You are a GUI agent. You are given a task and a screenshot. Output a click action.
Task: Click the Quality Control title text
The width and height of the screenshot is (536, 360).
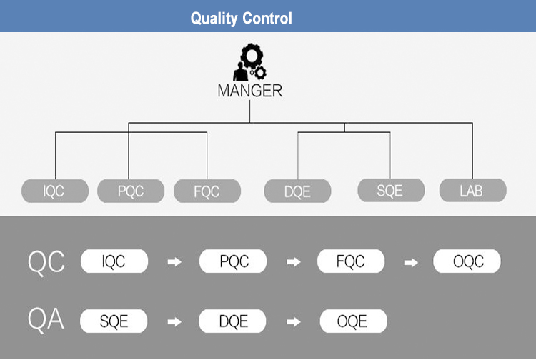coord(242,18)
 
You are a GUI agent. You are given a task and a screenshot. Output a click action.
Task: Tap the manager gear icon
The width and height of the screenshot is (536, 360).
coord(249,63)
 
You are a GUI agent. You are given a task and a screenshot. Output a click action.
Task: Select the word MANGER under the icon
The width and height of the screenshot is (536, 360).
coord(249,91)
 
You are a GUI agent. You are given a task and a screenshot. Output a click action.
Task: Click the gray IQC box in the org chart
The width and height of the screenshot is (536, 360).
coord(55,191)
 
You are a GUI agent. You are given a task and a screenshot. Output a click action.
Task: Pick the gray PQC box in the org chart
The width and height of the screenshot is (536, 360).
coord(131,191)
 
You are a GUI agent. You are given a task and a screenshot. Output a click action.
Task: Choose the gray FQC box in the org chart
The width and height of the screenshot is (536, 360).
coord(207,191)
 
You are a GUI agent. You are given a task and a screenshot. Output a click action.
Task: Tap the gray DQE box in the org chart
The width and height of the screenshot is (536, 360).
coord(298,191)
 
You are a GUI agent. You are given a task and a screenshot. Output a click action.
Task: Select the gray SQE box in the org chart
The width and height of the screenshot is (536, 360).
coord(390,190)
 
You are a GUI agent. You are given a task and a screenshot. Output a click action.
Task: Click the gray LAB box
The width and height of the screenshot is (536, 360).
coord(472,190)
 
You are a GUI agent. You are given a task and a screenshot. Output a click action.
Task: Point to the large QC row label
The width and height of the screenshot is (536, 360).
coord(46,262)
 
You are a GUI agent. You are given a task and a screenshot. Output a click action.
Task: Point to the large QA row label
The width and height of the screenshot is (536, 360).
coord(46,320)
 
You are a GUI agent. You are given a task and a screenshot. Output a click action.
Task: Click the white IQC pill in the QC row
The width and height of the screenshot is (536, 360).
coord(114,261)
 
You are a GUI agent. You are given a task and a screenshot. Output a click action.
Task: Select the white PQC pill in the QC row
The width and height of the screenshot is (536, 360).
coord(233,261)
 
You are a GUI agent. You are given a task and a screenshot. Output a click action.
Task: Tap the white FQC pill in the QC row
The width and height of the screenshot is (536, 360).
coord(351,261)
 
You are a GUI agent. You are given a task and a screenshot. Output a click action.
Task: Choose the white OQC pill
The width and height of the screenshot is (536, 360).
coord(467,261)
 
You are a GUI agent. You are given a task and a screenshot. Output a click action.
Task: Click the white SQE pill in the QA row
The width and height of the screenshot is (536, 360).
coord(114,321)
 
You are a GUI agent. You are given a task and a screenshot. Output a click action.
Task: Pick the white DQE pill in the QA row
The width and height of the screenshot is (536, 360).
coord(233,321)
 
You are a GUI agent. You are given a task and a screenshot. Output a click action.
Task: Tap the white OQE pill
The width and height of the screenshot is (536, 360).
coord(353,321)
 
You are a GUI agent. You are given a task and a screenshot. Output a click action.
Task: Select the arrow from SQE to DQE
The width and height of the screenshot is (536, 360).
coord(174,321)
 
